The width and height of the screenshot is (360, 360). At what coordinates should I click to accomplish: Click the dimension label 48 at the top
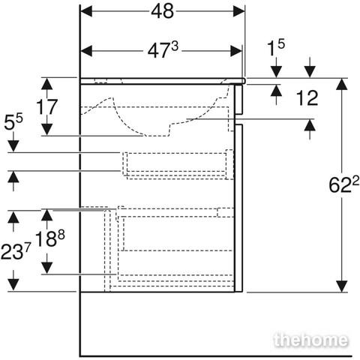(x=163, y=11)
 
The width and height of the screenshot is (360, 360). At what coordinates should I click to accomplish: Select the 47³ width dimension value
(x=163, y=49)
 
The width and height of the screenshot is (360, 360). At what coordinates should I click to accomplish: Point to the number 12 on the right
(x=307, y=98)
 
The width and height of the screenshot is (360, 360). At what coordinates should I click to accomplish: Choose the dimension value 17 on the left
(x=46, y=106)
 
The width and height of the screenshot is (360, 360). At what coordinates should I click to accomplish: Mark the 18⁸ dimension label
(x=49, y=238)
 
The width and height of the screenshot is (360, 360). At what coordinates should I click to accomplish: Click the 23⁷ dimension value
(x=16, y=251)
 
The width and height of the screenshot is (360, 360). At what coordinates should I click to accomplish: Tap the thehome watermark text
(x=310, y=340)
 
